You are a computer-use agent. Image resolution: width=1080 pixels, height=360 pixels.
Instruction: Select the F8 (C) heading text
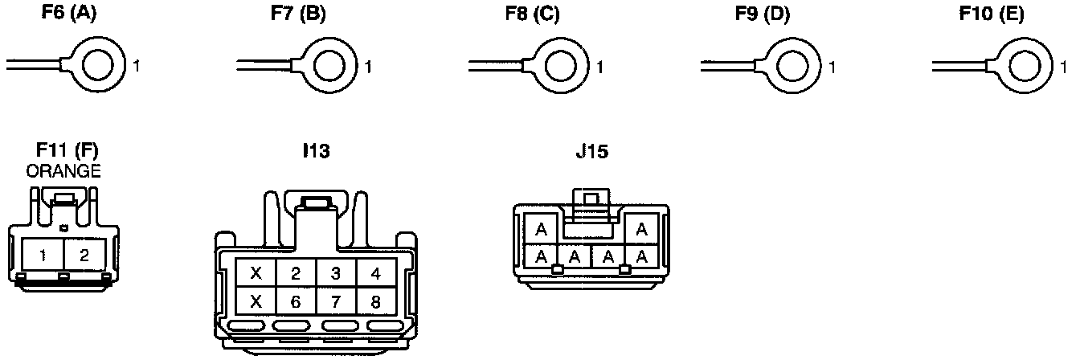532,15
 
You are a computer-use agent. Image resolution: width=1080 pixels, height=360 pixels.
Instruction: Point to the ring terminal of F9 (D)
790,66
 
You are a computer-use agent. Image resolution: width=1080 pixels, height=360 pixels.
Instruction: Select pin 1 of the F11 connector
43,255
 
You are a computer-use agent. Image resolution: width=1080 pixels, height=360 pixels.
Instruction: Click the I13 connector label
316,151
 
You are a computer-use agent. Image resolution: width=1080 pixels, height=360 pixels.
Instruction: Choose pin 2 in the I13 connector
296,273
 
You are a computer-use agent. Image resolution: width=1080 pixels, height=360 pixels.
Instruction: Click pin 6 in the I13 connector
296,301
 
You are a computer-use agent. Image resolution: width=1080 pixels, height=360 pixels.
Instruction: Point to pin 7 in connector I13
337,301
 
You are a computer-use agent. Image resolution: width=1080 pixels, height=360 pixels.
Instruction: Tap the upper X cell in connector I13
256,273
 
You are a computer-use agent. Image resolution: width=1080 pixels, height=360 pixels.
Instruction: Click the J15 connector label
591,151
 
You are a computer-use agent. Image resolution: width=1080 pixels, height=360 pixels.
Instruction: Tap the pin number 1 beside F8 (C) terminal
599,67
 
